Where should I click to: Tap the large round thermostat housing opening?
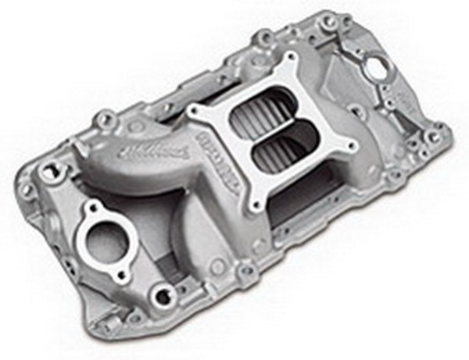[x=106, y=243]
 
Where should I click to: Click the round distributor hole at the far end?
[x=378, y=68]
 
